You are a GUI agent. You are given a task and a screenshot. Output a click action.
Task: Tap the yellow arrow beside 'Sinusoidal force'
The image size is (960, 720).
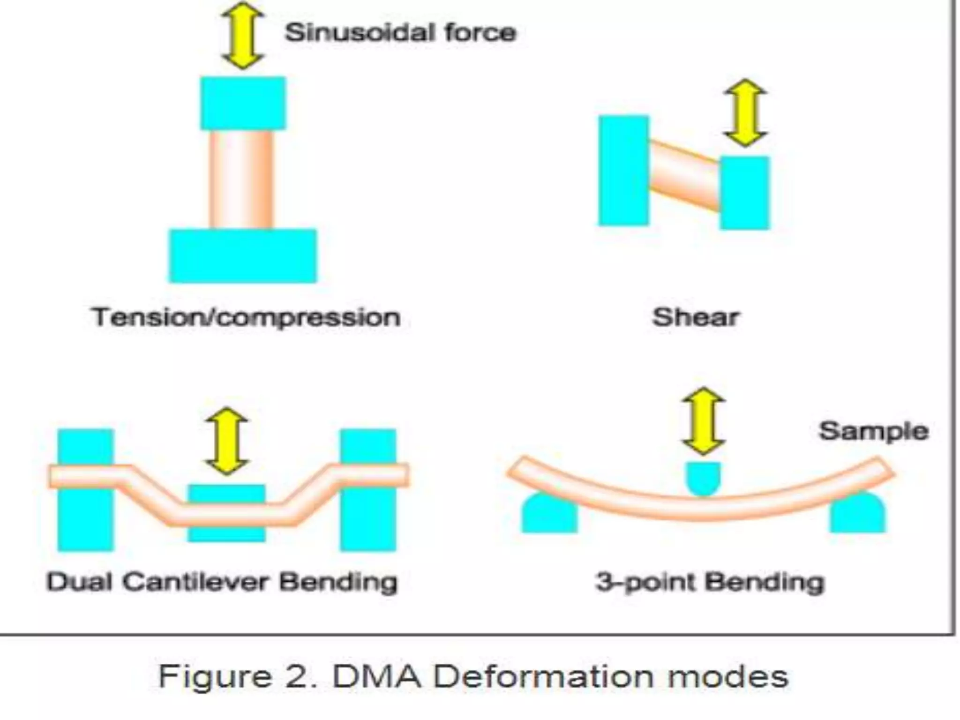242,36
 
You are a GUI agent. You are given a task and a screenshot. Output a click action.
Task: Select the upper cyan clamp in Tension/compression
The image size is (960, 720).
243,103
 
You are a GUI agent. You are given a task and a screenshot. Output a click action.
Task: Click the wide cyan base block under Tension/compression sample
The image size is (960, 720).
243,256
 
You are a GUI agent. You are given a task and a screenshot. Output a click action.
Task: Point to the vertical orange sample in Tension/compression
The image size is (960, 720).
241,179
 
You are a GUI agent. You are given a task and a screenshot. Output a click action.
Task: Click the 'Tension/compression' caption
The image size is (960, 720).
246,317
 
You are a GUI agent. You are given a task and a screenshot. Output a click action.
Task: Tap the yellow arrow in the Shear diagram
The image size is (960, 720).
745,112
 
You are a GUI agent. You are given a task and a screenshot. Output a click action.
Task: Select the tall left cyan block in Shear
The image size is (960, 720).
623,171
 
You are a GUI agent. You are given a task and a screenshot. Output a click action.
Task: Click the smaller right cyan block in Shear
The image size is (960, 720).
745,193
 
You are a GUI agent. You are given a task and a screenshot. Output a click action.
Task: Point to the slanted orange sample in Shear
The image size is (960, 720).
684,175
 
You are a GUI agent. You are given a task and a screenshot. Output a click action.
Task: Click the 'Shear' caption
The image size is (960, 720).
696,317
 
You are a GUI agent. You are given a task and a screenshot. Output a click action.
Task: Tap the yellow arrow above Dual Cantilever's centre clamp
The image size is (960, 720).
227,441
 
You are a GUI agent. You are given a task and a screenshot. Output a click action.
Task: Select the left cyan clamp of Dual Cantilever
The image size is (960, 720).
86,520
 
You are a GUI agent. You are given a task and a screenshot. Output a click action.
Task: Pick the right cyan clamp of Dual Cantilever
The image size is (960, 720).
368,520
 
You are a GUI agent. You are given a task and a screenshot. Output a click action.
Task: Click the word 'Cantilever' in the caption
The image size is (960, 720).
196,582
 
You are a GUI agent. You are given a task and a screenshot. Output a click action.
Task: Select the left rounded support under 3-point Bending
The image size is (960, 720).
549,516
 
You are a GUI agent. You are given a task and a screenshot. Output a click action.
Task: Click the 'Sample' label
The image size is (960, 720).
873,431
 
